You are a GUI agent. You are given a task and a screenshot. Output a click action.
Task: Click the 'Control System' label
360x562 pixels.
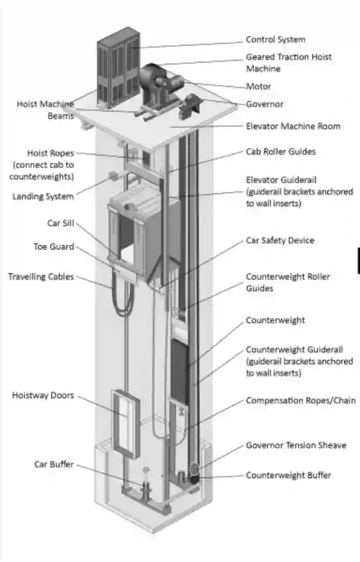275,40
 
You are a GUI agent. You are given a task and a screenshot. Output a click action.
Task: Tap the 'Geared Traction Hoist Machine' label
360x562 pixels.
288,62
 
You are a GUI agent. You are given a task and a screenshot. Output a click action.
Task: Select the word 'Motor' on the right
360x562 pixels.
258,86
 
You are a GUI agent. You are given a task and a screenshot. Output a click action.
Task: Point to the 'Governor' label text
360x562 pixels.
264,104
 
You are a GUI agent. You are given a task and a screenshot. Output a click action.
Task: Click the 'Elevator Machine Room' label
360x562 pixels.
293,126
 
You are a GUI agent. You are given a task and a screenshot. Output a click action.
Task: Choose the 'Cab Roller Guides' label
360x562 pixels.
280,152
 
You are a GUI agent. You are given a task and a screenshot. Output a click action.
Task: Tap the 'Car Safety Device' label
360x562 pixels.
280,240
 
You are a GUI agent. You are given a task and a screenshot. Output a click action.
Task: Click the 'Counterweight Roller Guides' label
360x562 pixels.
287,282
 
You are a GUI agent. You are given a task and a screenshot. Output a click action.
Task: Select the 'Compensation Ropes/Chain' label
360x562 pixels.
300,401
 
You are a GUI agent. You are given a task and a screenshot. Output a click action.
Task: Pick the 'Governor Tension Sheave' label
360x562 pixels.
295,445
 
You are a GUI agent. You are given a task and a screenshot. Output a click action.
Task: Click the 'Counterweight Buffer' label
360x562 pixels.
288,475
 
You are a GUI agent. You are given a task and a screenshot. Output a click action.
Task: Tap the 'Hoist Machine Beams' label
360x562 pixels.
45,110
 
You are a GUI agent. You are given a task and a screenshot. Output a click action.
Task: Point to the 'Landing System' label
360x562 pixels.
43,196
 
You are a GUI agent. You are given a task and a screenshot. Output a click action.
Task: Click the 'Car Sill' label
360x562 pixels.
60,223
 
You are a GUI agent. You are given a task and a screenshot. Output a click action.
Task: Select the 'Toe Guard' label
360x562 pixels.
54,247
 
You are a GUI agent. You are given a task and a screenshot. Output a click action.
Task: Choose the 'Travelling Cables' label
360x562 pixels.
41,276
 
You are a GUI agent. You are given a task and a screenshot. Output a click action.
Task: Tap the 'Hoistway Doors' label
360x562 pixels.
43,395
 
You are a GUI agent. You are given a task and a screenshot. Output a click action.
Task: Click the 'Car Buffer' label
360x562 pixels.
54,464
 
